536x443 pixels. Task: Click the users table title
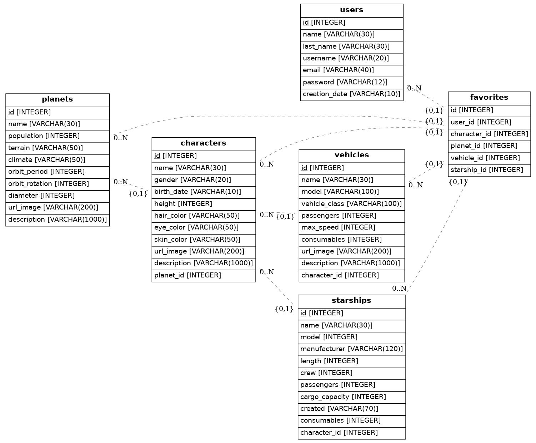pyautogui.click(x=351, y=10)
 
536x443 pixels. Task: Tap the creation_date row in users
pyautogui.click(x=351, y=94)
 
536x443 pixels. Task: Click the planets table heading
pyautogui.click(x=57, y=99)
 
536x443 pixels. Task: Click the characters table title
pyautogui.click(x=203, y=143)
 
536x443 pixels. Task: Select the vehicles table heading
pyautogui.click(x=351, y=155)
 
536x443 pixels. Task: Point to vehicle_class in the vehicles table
pyautogui.click(x=351, y=204)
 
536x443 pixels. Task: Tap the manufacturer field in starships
pyautogui.click(x=351, y=349)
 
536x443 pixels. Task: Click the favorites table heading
pyautogui.click(x=489, y=98)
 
